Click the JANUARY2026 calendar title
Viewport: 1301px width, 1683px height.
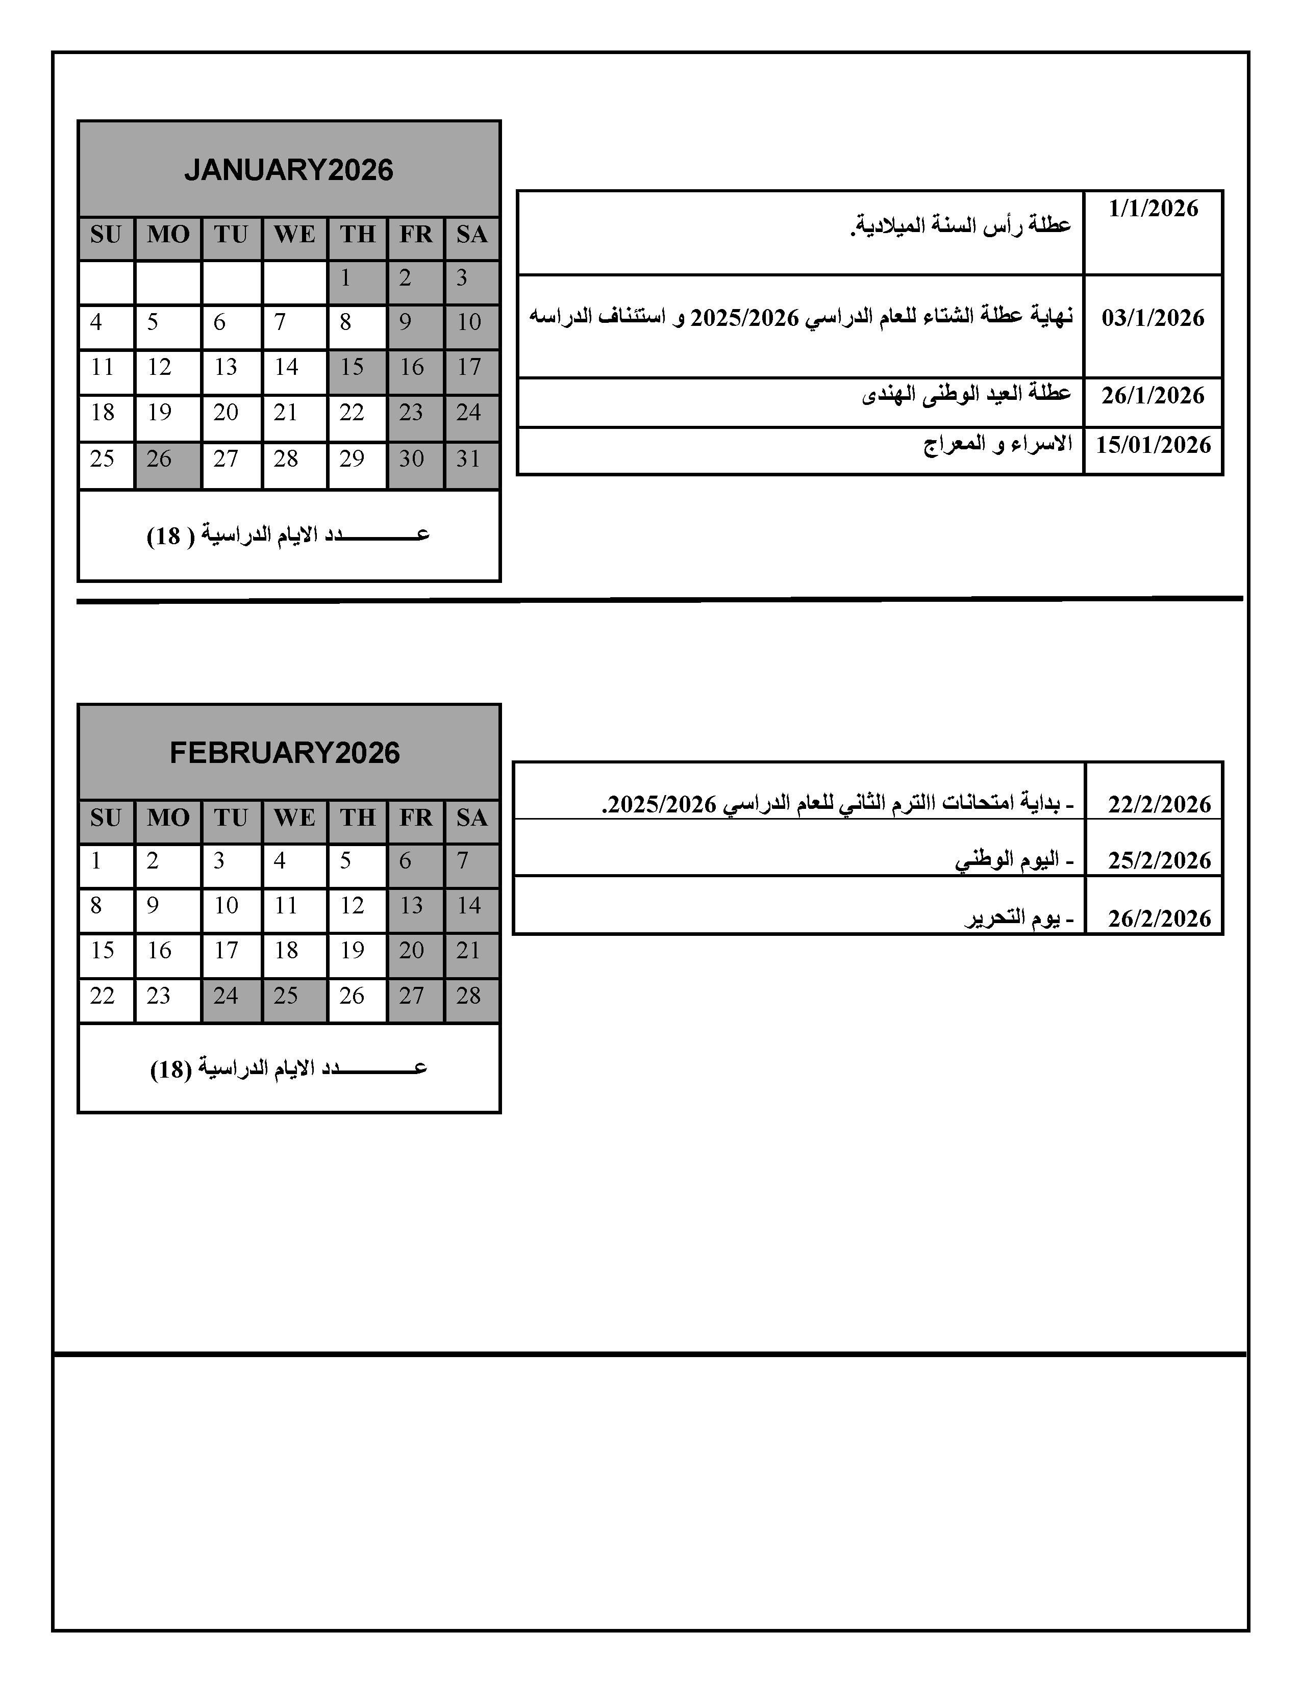coord(288,169)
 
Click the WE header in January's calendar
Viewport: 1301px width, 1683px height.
coord(294,234)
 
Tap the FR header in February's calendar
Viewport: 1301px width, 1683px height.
coord(415,818)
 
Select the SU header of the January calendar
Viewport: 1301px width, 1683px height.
coord(106,234)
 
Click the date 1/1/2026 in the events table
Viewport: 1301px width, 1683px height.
coord(1153,209)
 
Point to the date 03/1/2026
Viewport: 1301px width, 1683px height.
coord(1153,318)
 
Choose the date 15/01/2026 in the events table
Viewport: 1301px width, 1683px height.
coord(1153,445)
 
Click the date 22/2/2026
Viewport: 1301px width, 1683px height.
coord(1159,804)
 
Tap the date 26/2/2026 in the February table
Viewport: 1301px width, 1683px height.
coord(1159,919)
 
